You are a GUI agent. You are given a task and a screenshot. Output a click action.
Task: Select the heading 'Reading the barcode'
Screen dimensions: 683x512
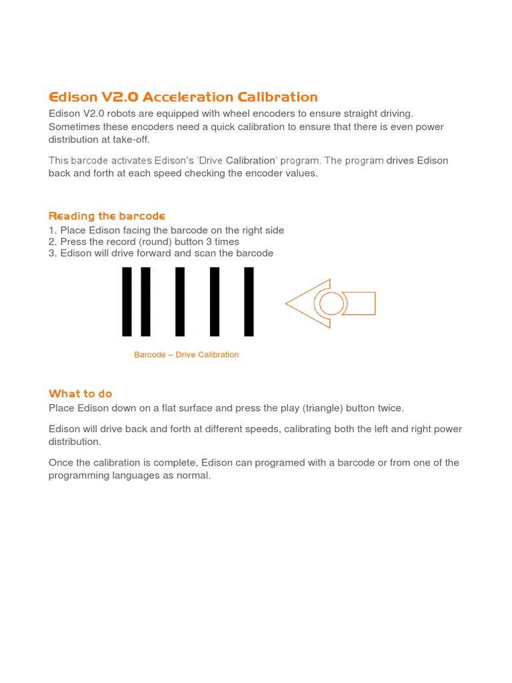point(107,216)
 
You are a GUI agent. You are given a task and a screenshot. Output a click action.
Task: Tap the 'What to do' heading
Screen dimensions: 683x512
point(81,394)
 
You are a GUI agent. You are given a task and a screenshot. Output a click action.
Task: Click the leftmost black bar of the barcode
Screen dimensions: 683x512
point(127,301)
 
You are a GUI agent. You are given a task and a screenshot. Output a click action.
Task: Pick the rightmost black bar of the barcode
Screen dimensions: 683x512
point(249,301)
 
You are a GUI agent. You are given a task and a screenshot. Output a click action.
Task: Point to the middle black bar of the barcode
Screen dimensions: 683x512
point(180,301)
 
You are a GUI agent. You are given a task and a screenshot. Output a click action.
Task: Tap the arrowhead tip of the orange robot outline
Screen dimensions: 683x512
point(287,303)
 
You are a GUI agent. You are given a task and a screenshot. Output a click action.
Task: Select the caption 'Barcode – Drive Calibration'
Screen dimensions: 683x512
point(186,355)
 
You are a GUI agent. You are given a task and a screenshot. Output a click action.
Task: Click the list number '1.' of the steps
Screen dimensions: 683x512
point(53,231)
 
